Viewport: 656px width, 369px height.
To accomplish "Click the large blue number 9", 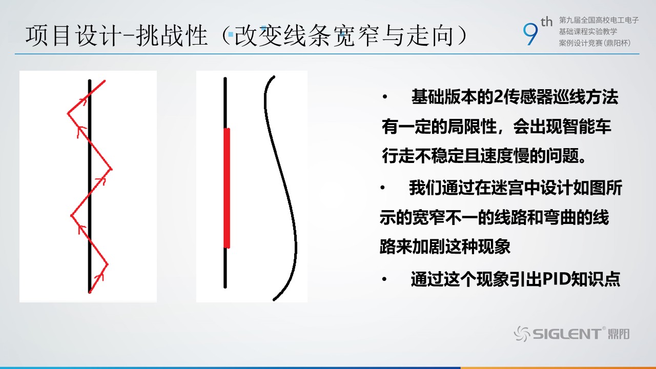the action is [530, 34].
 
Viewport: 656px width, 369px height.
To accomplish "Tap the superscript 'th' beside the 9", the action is [546, 22].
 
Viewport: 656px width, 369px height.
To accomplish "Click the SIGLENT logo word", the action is [567, 334].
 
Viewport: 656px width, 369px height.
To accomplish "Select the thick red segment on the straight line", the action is [227, 188].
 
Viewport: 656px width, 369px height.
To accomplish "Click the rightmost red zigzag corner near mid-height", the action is [111, 169].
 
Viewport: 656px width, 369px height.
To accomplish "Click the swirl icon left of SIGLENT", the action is [522, 334].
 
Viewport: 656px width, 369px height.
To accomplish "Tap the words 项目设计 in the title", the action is [73, 36].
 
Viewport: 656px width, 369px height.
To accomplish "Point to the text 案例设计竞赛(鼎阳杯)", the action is [594, 43].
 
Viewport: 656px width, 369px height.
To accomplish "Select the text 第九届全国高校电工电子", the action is [599, 20].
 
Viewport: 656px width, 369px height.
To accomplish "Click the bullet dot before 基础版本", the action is [384, 97].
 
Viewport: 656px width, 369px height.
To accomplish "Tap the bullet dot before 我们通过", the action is [383, 188].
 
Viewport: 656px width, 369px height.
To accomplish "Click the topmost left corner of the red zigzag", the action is [68, 113].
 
